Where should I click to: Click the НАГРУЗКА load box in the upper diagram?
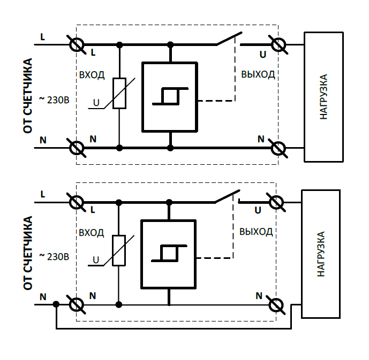click(323, 96)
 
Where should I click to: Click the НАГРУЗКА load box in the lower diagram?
click(321, 254)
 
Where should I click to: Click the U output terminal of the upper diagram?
click(277, 44)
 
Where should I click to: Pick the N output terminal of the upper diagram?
click(277, 147)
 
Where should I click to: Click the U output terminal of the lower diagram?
click(276, 202)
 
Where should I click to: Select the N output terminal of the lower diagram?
click(276, 305)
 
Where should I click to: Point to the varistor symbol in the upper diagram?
click(119, 93)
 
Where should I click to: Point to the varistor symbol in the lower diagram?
click(119, 250)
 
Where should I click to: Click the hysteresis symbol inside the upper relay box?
click(170, 96)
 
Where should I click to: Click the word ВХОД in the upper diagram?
click(92, 74)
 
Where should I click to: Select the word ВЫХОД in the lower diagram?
click(256, 232)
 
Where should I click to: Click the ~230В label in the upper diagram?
click(55, 99)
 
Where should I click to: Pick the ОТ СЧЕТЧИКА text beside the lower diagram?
click(28, 254)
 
